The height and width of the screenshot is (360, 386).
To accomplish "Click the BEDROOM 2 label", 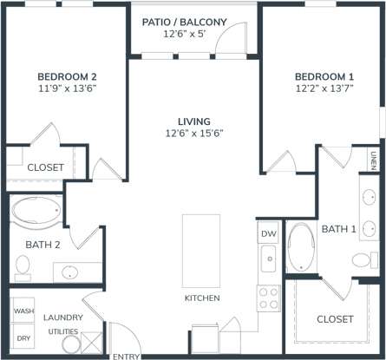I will click(x=66, y=75).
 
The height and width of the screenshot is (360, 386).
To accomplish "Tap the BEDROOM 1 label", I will click(x=323, y=75).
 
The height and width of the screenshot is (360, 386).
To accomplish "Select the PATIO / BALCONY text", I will click(x=194, y=22).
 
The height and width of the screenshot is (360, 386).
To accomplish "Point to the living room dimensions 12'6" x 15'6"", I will click(x=194, y=133).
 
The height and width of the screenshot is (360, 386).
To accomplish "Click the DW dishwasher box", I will click(x=268, y=234).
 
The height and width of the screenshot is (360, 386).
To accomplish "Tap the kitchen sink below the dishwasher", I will click(x=269, y=258).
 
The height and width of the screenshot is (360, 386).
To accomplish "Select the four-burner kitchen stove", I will click(x=269, y=298).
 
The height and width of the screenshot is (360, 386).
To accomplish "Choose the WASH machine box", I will click(x=22, y=310).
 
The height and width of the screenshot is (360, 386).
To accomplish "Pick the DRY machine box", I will click(x=22, y=338).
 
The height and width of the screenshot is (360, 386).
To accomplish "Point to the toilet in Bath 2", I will click(x=23, y=267).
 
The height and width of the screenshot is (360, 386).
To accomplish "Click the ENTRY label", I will click(x=126, y=356).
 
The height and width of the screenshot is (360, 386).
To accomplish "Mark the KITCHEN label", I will click(x=202, y=298).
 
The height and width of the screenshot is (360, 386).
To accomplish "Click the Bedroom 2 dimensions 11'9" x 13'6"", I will click(x=66, y=88).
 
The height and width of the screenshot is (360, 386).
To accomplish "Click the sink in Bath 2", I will click(x=69, y=272).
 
